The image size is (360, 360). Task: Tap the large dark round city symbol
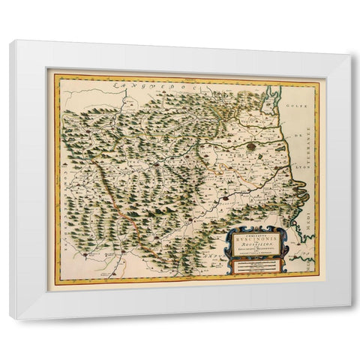(258, 145)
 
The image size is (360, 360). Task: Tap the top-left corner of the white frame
(11, 41)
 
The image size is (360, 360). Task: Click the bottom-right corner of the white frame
(349, 318)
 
